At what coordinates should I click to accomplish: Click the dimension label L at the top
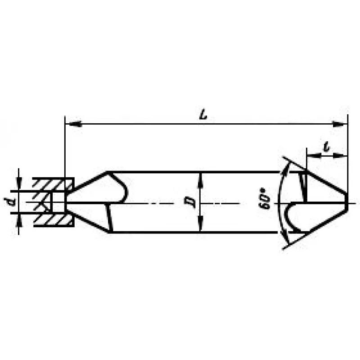(203, 115)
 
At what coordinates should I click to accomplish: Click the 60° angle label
(265, 198)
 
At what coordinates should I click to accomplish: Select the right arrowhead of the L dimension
(340, 124)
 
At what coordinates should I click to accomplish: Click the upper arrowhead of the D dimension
(201, 181)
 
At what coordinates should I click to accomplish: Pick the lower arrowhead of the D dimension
(201, 223)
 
